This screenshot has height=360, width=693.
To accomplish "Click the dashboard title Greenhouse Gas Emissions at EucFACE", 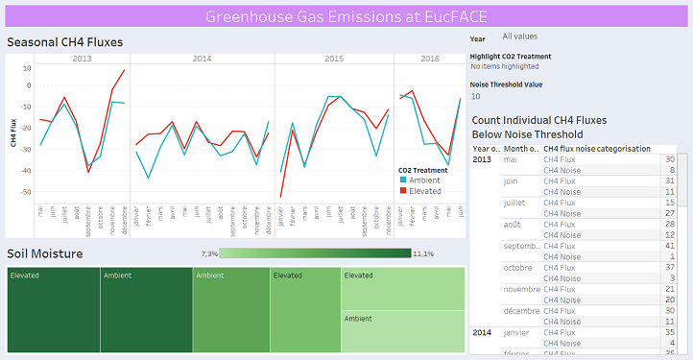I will (x=346, y=16).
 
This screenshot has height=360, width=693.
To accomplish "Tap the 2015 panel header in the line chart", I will (x=333, y=60).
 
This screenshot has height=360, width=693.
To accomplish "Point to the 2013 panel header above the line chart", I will (x=83, y=60).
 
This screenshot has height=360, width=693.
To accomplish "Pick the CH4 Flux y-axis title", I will (x=13, y=132).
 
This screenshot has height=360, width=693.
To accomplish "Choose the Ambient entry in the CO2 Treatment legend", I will (x=423, y=180).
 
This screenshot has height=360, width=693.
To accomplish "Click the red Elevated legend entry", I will (x=423, y=191).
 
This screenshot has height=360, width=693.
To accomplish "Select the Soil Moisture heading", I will (x=44, y=253).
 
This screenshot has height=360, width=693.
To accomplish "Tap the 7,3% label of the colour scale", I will (x=209, y=253).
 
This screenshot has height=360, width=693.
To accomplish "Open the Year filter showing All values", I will (x=519, y=36).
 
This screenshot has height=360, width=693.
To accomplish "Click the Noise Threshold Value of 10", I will (x=475, y=96).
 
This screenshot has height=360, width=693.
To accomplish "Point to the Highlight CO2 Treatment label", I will (x=511, y=57).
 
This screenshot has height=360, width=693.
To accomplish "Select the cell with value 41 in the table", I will (x=669, y=245).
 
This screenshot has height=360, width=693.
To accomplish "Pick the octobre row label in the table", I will (x=518, y=267).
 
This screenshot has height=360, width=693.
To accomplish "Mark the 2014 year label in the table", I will (x=484, y=332).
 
